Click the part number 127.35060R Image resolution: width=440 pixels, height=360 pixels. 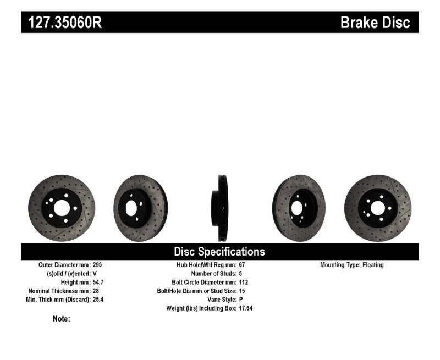62,23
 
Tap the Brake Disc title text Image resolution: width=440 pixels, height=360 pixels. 375,23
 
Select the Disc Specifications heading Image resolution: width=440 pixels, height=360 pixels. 219,252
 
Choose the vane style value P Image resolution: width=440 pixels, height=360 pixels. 241,300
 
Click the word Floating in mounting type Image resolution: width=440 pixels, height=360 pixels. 373,265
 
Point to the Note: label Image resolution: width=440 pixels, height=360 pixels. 62,319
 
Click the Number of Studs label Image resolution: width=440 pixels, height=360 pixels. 213,273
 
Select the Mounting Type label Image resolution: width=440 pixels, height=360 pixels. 339,265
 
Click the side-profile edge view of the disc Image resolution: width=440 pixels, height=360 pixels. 222,208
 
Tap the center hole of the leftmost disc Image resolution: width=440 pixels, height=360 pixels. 62,208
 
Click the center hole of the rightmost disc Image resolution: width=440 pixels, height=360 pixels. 377,208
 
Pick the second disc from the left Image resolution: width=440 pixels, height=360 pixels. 140,208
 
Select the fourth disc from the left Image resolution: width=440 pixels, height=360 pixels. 299,208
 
